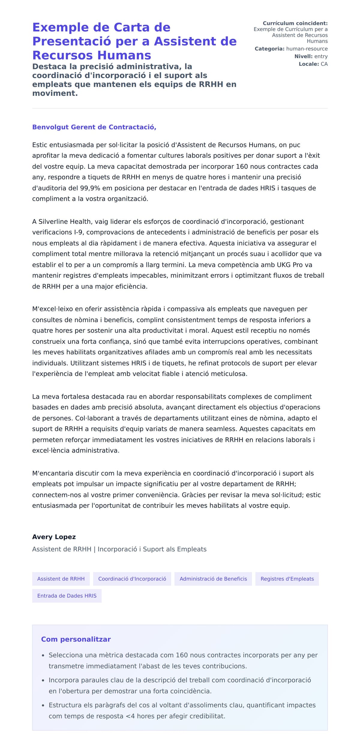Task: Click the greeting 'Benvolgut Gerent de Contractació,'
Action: click(94, 127)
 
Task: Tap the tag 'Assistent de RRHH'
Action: click(61, 579)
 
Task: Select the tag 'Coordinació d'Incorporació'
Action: click(132, 579)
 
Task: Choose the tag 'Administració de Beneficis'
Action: click(213, 579)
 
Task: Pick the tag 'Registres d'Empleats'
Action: click(287, 579)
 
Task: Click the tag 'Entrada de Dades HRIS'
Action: click(67, 596)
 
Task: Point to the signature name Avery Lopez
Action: click(54, 537)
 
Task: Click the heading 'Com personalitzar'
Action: click(76, 639)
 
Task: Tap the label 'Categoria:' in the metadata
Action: click(269, 49)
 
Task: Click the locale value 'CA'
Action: click(324, 64)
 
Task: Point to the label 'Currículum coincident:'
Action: click(295, 23)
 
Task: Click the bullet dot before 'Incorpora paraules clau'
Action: click(43, 680)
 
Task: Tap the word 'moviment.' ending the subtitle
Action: click(55, 93)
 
